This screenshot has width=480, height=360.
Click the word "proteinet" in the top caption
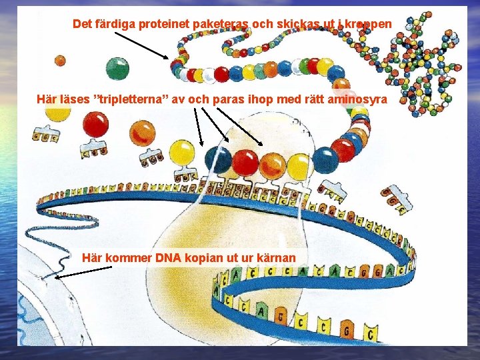click(161, 24)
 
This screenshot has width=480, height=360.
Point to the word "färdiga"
click(114, 24)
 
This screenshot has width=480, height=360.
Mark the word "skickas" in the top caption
click(274, 24)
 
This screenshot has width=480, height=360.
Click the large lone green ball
click(118, 67)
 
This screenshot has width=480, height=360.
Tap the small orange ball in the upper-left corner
click(60, 61)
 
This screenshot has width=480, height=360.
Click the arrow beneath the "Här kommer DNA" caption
click(83, 272)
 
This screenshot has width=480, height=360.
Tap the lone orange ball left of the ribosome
click(141, 133)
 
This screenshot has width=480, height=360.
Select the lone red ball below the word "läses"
click(95, 124)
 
